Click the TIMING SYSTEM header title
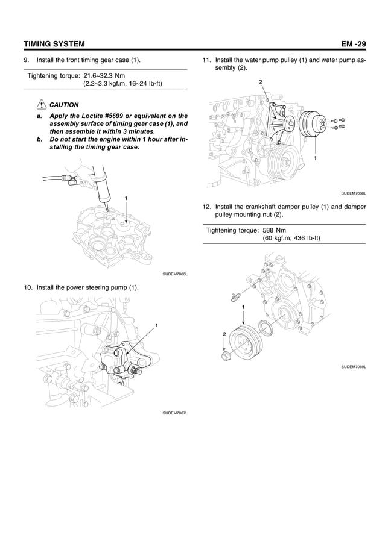click(54, 44)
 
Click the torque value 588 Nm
click(275, 230)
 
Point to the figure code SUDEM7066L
click(175, 274)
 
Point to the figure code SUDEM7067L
click(175, 413)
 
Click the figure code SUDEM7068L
click(354, 193)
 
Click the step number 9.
click(26, 61)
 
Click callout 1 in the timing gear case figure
click(126, 198)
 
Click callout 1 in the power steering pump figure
click(156, 325)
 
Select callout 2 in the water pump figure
click(260, 81)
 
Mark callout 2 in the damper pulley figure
click(224, 333)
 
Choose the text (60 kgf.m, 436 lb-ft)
click(291, 238)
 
